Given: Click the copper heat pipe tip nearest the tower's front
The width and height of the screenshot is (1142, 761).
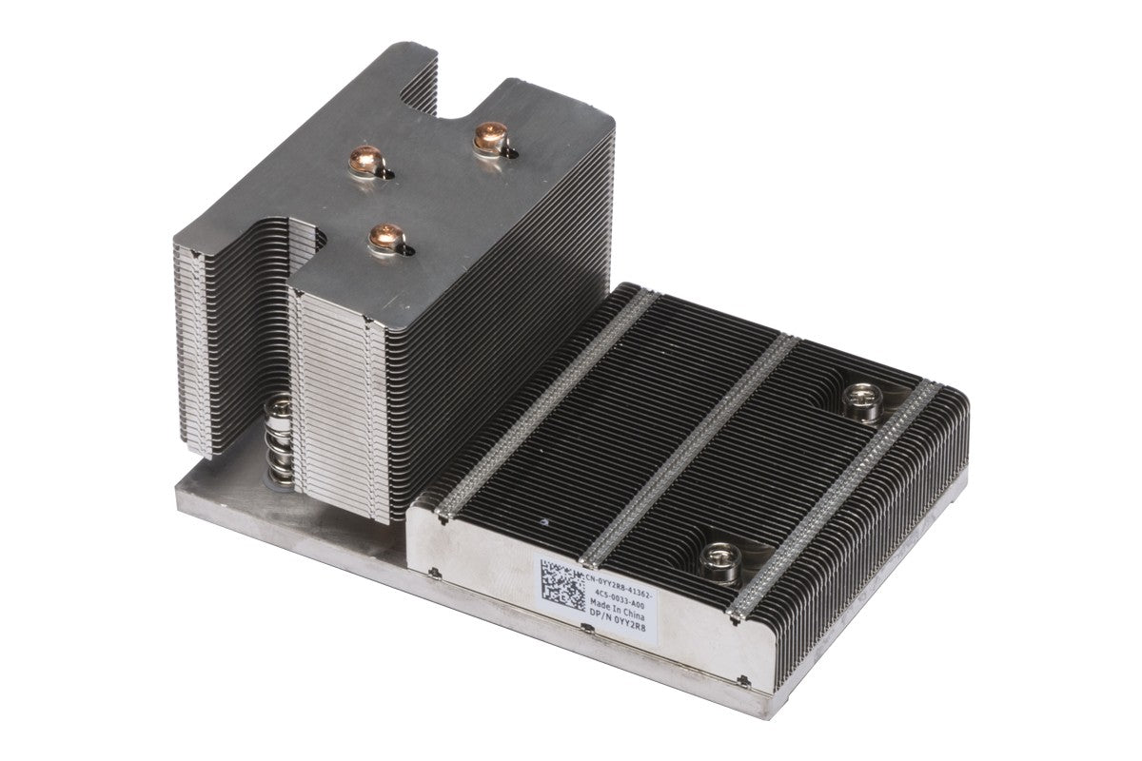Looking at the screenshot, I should point(386,238).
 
